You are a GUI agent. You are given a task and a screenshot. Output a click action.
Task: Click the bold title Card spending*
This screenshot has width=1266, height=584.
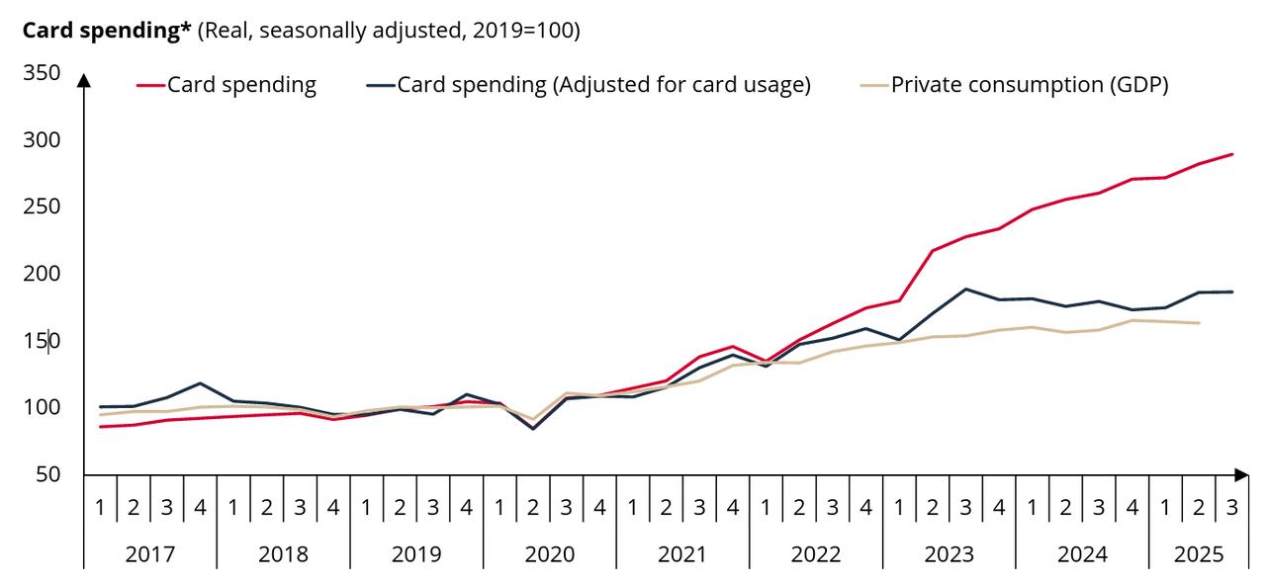point(107,30)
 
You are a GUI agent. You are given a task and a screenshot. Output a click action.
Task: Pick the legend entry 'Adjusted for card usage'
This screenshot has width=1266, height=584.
point(603,85)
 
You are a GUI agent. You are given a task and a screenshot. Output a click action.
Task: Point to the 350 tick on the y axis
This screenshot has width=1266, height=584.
point(41,73)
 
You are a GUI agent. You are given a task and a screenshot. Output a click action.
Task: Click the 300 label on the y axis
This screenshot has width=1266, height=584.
point(41,140)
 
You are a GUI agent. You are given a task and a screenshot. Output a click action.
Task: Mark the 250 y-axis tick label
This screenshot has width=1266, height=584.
point(41,207)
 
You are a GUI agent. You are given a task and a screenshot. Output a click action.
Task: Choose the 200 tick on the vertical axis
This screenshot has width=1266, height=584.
point(41,274)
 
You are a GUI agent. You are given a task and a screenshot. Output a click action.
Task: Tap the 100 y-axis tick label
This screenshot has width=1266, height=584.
point(41,407)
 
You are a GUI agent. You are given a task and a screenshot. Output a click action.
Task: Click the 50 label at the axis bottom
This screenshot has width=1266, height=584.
point(46,474)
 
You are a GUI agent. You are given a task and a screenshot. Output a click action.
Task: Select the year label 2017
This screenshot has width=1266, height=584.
point(150,553)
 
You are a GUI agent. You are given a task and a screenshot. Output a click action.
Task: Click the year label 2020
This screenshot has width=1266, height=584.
point(549,553)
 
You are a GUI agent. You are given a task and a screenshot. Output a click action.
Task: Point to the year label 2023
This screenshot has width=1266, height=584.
point(949,553)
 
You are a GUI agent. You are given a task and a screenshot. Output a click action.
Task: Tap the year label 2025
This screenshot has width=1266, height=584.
point(1199,553)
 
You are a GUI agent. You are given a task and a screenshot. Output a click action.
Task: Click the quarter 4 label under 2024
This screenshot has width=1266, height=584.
point(1131,507)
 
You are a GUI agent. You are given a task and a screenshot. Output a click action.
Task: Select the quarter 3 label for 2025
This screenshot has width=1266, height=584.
point(1231,507)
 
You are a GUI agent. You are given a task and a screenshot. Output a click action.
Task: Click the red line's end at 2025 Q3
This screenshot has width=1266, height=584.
point(1232,154)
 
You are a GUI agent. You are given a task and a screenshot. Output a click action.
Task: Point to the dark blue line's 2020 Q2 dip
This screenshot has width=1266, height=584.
point(533,428)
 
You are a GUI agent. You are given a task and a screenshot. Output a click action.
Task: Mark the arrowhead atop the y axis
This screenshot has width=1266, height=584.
point(84,79)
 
